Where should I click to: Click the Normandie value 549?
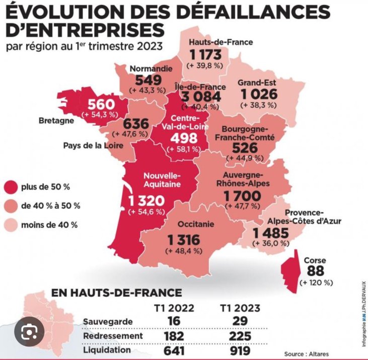click(148, 79)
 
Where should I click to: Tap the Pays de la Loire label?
click(93, 146)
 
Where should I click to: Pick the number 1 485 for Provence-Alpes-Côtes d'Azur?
click(270, 232)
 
